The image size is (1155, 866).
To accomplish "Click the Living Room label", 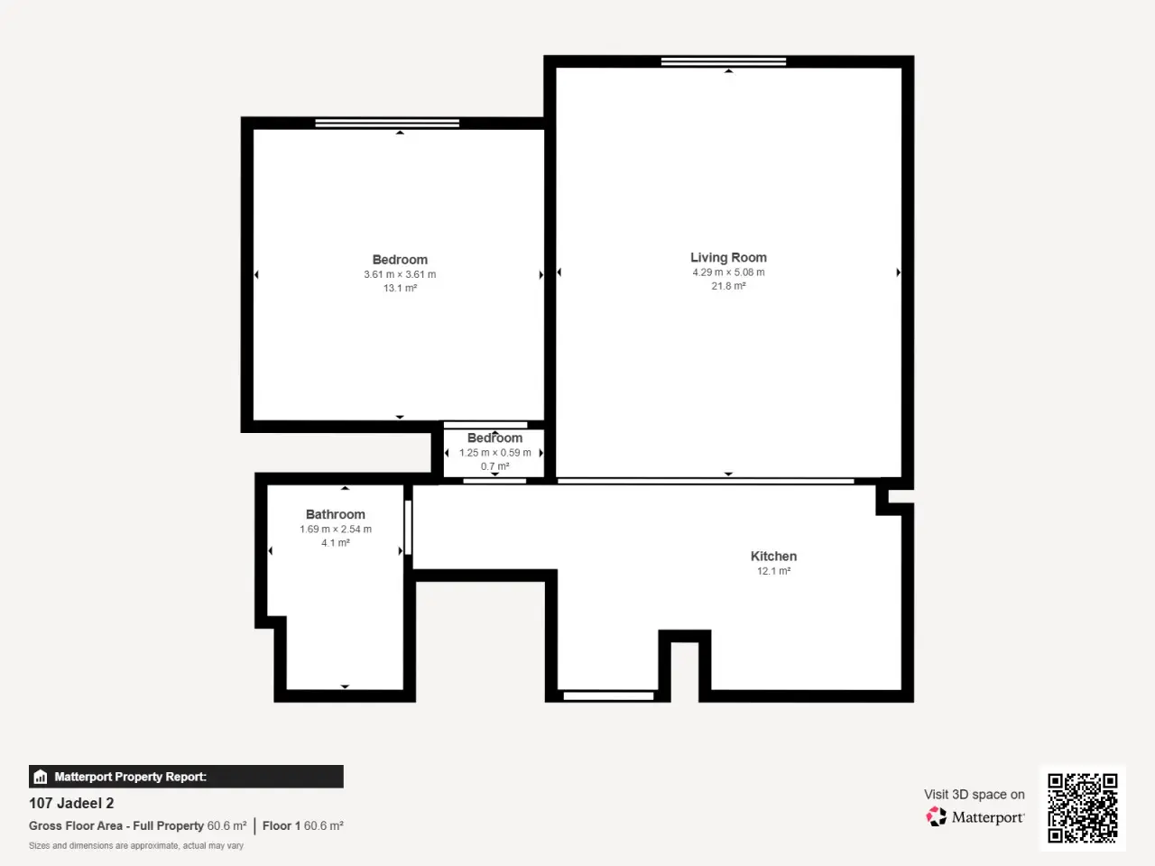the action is click(728, 258).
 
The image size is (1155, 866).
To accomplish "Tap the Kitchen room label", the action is click(773, 557).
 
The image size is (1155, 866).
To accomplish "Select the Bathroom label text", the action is click(335, 514).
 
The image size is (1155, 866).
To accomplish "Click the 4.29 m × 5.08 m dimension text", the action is click(728, 272).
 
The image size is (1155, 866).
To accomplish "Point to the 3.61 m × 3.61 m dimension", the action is click(400, 274).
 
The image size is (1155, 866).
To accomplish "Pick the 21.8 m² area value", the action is click(728, 286).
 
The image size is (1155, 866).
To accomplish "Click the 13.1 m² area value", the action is click(400, 288).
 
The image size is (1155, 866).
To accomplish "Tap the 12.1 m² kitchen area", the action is click(773, 571).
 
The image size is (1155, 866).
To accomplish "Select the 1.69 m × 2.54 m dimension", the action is click(335, 529).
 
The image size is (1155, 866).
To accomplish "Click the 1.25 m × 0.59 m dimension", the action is click(494, 453).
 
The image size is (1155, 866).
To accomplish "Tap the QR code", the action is click(1083, 807).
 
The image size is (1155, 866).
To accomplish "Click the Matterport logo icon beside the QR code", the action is click(936, 816).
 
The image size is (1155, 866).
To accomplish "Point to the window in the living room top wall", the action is click(724, 61).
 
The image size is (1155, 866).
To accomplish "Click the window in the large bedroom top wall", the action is click(387, 123).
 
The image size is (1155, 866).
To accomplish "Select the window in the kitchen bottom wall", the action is click(608, 696).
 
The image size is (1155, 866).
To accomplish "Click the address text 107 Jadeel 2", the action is click(71, 803).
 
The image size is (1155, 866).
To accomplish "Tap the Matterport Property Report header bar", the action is click(186, 777).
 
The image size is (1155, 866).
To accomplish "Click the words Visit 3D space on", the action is click(974, 795).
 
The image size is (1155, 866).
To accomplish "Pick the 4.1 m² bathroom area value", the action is click(335, 543).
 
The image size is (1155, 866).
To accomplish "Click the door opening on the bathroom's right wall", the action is click(408, 528).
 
